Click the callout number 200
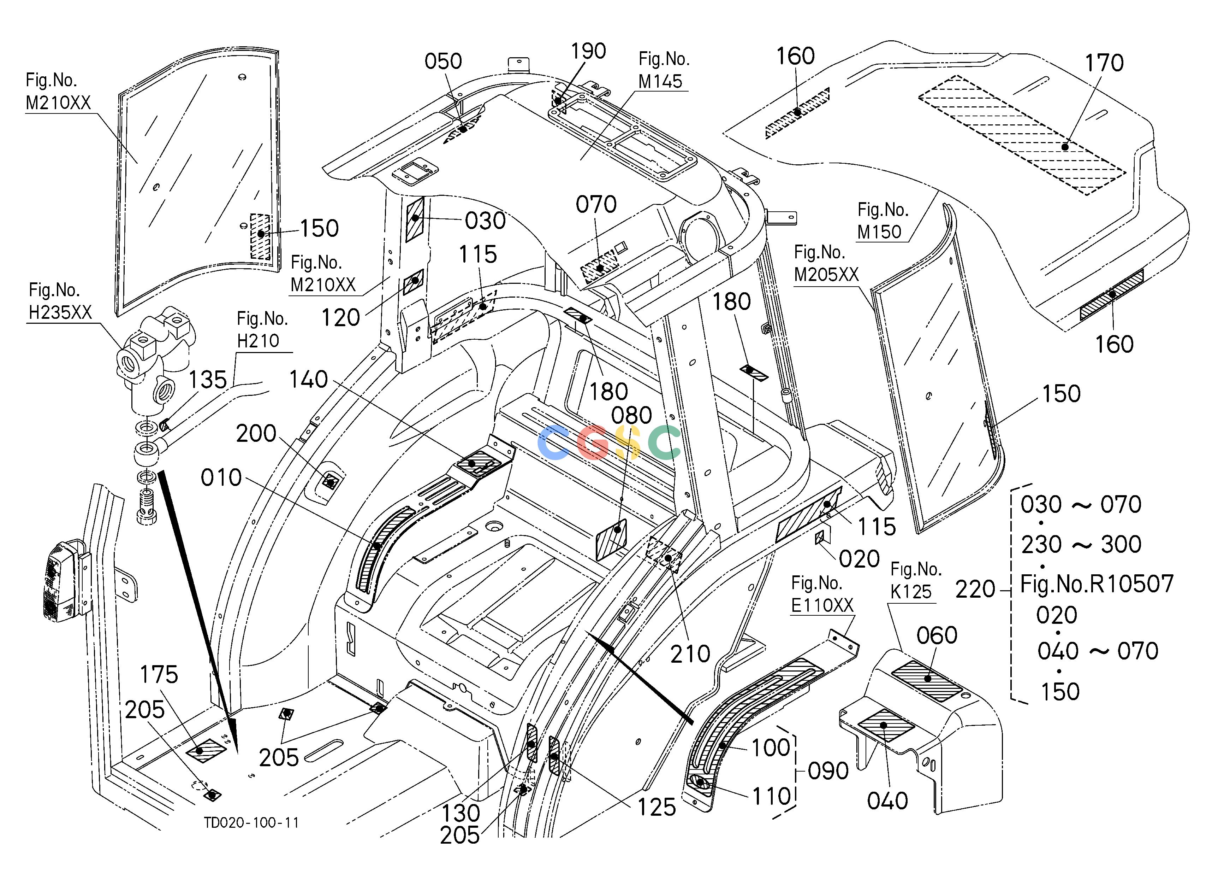256,433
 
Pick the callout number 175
159,674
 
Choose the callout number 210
690,654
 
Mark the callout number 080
631,415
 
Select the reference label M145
660,81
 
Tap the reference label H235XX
60,312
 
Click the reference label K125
911,592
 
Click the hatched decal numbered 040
886,725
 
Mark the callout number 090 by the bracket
828,771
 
